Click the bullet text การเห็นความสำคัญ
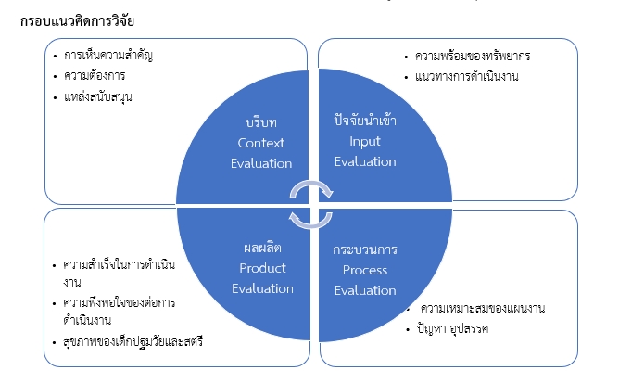coord(107,56)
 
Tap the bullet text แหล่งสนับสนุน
coord(97,96)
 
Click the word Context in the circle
coord(260,143)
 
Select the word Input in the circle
coord(364,141)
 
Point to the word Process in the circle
coord(363,270)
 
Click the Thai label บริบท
coord(261,123)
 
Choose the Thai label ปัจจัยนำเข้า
coord(365,121)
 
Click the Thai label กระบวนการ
coord(364,250)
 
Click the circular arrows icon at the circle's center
coord(309,202)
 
